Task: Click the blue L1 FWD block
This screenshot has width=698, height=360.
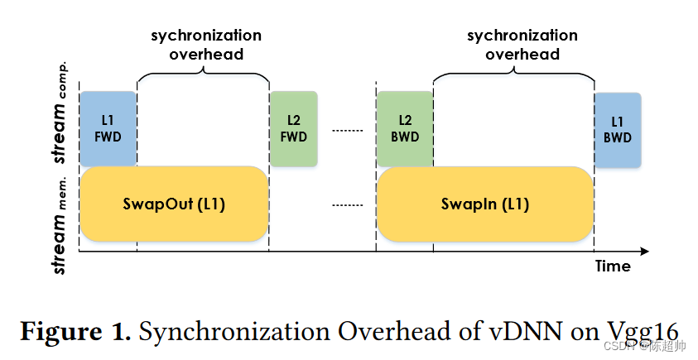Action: (x=108, y=128)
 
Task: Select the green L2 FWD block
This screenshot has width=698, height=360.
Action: (x=294, y=128)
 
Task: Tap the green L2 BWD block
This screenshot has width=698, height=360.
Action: (x=405, y=128)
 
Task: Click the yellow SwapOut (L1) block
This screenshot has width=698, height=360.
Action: (x=173, y=204)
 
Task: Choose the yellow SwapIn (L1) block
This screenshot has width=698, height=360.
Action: (x=485, y=204)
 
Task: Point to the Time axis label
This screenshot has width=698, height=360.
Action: (x=613, y=266)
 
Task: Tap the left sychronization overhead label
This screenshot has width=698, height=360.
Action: (x=205, y=45)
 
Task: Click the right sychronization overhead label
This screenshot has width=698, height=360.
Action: (x=522, y=45)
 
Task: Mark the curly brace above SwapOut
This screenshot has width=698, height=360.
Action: (x=203, y=72)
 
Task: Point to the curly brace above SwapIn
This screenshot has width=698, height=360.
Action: (x=513, y=72)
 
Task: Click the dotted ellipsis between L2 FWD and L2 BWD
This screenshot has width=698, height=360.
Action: (x=347, y=130)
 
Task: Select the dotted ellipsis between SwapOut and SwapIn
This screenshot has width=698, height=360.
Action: (x=347, y=204)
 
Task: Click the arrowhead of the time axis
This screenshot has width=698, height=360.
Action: (x=644, y=251)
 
